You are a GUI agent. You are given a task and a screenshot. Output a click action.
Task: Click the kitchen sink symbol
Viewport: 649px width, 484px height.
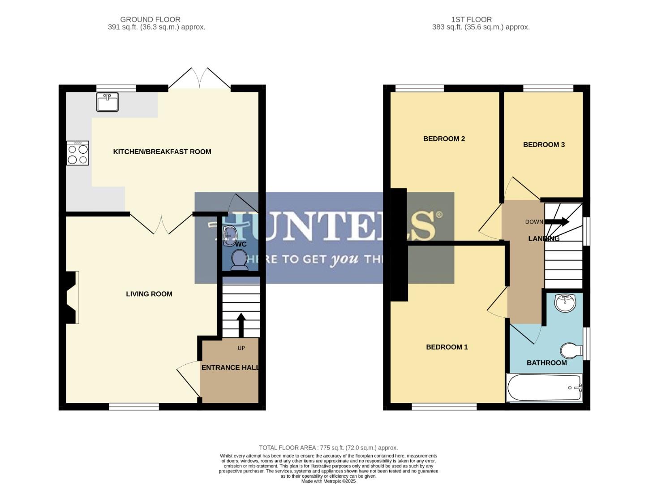[107, 102]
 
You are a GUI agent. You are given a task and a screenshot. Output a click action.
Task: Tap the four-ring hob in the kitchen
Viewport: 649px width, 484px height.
[77, 153]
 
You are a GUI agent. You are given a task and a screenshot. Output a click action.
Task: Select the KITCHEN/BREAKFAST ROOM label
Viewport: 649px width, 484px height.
[162, 152]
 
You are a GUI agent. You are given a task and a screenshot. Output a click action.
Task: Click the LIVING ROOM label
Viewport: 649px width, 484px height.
[149, 294]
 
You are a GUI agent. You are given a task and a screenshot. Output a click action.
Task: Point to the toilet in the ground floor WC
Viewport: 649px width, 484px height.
[239, 260]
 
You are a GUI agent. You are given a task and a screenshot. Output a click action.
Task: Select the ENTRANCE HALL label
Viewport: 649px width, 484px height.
[230, 367]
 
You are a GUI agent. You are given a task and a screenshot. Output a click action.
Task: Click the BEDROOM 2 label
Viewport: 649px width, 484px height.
[444, 139]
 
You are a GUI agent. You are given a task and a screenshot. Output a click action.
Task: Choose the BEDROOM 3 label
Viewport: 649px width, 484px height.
[544, 145]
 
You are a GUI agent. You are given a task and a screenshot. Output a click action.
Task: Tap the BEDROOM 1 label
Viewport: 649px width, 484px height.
[447, 347]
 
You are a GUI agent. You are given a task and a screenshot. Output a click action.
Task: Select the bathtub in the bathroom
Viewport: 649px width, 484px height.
[544, 388]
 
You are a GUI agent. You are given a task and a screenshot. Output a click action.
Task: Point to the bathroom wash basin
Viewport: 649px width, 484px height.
[565, 302]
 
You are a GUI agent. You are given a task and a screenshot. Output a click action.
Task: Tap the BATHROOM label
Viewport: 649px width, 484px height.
[546, 363]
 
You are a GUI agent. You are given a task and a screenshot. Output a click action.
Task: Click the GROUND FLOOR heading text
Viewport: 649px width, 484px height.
[150, 19]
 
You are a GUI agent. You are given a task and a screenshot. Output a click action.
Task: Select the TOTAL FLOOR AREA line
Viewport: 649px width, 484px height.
[328, 448]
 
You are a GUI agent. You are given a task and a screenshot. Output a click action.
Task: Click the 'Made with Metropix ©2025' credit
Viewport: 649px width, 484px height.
[328, 481]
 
